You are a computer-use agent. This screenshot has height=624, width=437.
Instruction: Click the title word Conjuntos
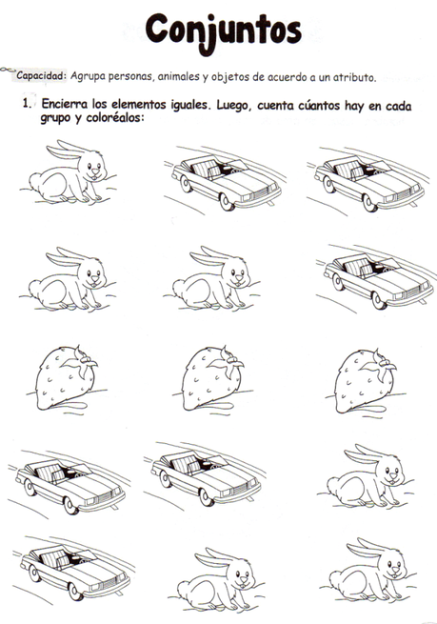(x=223, y=31)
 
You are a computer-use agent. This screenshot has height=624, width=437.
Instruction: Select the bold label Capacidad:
(x=41, y=75)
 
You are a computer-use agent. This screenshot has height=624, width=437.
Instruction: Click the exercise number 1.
(x=27, y=104)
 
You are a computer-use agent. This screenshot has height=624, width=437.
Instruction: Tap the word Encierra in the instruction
(x=65, y=104)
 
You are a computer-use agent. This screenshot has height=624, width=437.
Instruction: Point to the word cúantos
(x=319, y=106)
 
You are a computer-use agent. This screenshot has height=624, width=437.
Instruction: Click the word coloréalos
(x=114, y=118)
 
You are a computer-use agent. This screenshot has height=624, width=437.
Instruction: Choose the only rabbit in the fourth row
(x=366, y=476)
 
